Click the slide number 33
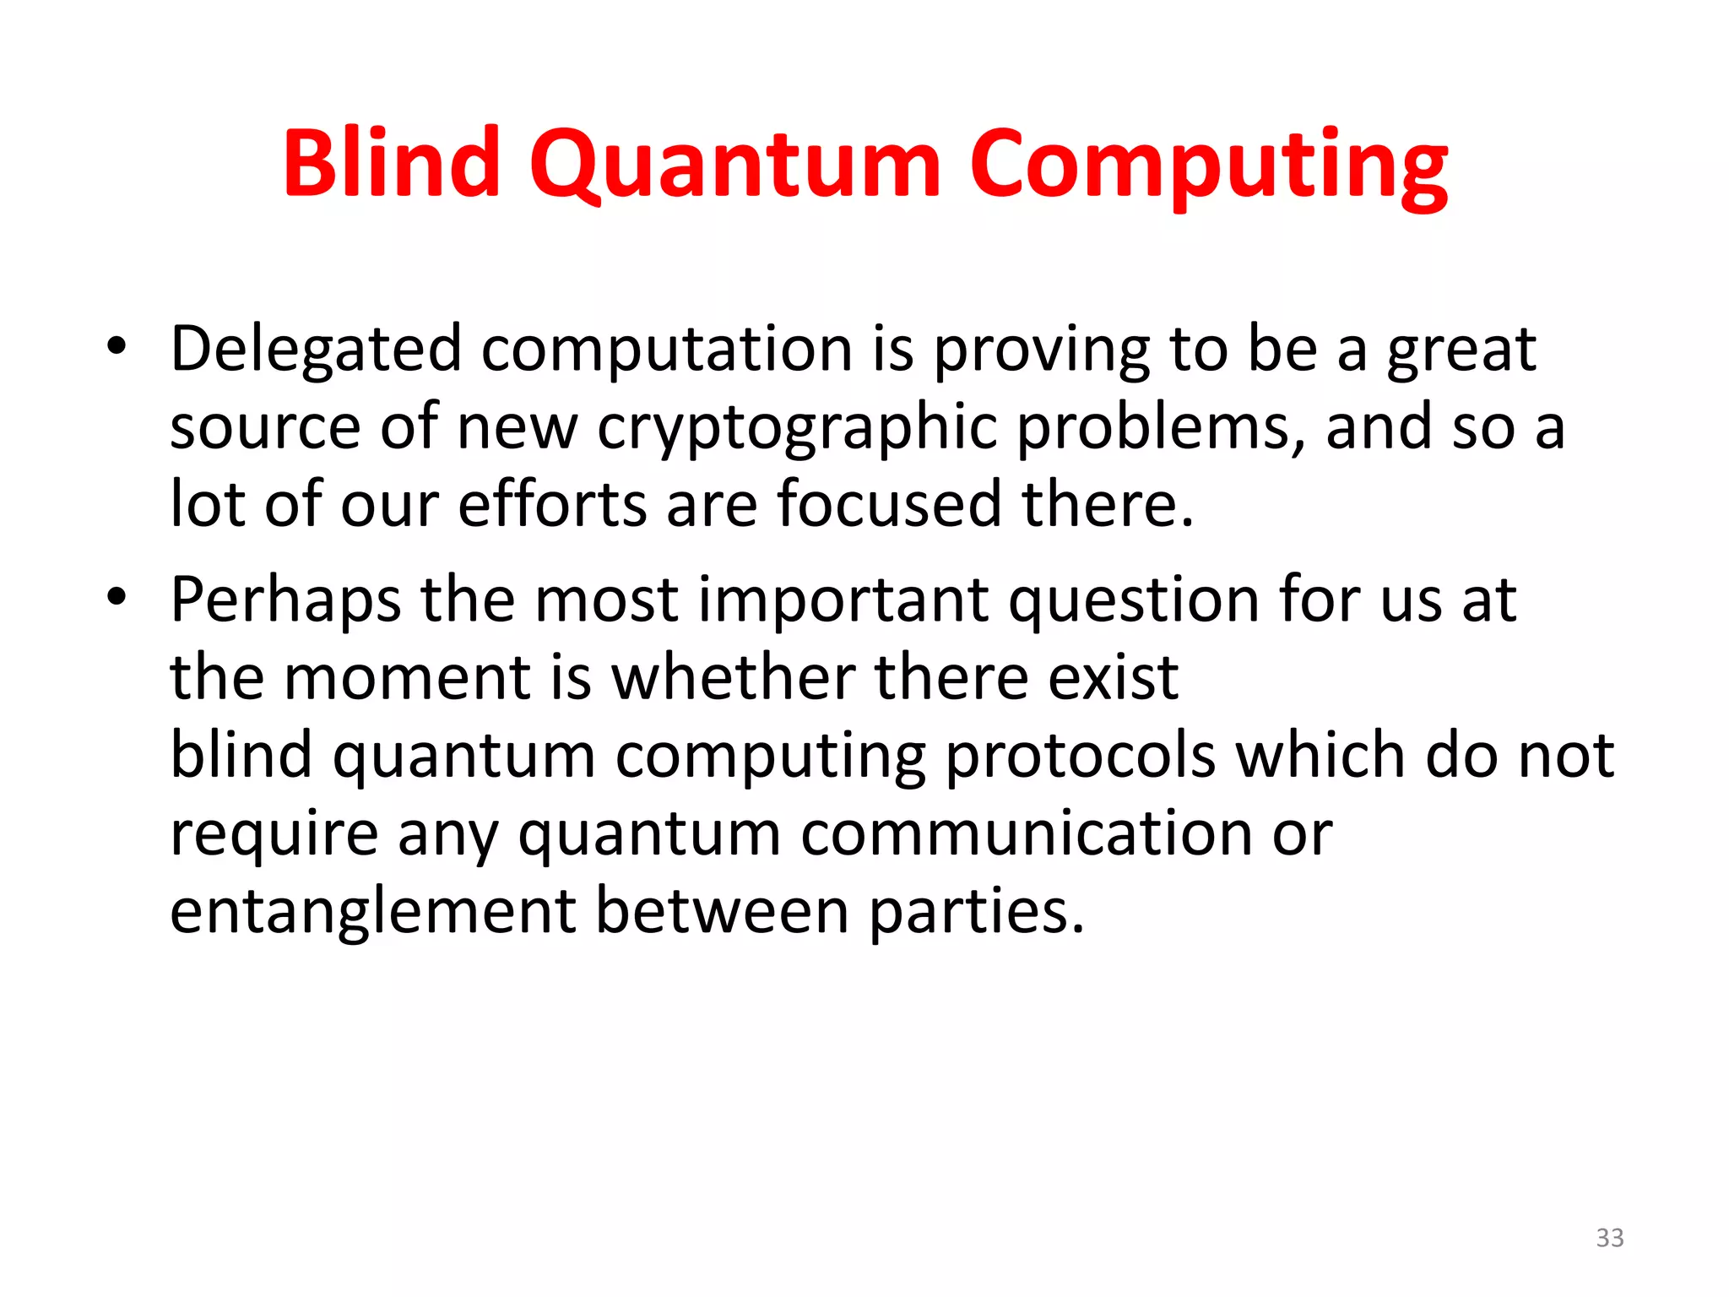click(1610, 1238)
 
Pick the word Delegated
click(316, 350)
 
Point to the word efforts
click(553, 505)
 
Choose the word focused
click(889, 505)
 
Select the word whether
click(733, 677)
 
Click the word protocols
click(1080, 757)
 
